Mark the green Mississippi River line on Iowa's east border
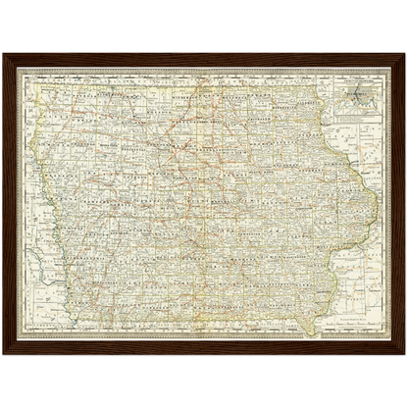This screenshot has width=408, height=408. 365,196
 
